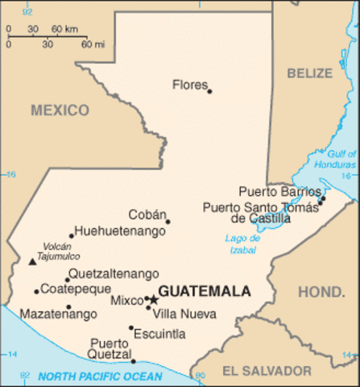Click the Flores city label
(x=189, y=84)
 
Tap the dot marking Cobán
(x=168, y=222)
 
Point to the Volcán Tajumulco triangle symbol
(x=31, y=261)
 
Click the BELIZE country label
(x=309, y=73)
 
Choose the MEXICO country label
(x=60, y=110)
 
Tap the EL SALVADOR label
(x=267, y=371)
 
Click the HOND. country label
(x=321, y=291)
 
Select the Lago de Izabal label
(x=243, y=243)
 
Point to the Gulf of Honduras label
(x=341, y=159)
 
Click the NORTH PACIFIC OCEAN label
(x=100, y=376)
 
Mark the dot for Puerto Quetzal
(x=134, y=361)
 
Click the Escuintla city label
(x=159, y=334)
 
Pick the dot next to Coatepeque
(x=36, y=291)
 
